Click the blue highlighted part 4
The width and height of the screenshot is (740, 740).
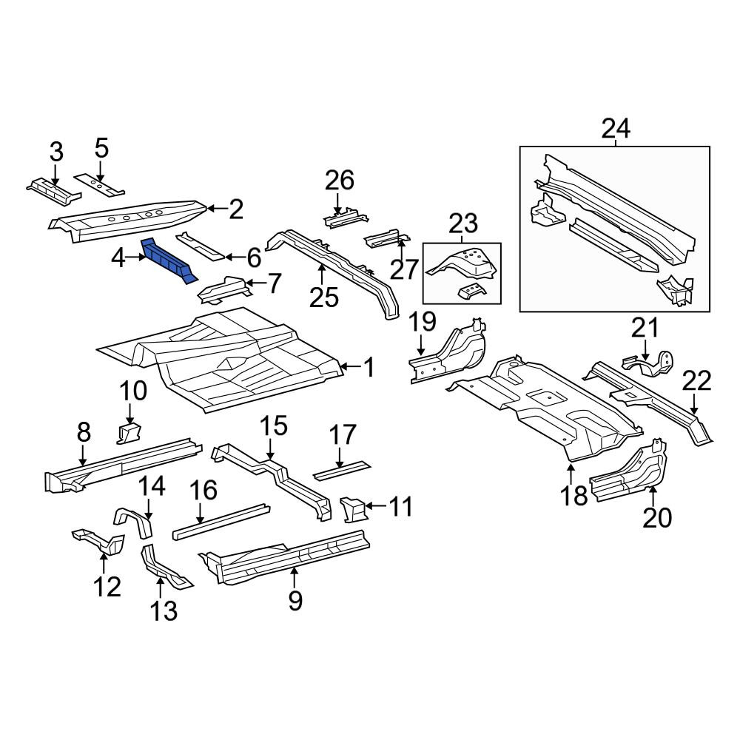click(167, 260)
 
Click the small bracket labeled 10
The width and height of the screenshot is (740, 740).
click(129, 433)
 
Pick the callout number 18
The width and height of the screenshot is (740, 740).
click(574, 495)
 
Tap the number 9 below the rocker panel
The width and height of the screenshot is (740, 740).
click(295, 601)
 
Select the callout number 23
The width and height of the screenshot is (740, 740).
click(463, 223)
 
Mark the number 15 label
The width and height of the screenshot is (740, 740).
click(275, 425)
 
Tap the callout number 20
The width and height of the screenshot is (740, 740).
click(657, 518)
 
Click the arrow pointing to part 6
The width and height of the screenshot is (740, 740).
click(232, 258)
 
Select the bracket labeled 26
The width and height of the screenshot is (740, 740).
click(346, 218)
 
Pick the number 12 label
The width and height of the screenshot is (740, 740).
click(107, 587)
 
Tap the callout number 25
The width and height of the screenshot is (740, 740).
click(324, 297)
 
